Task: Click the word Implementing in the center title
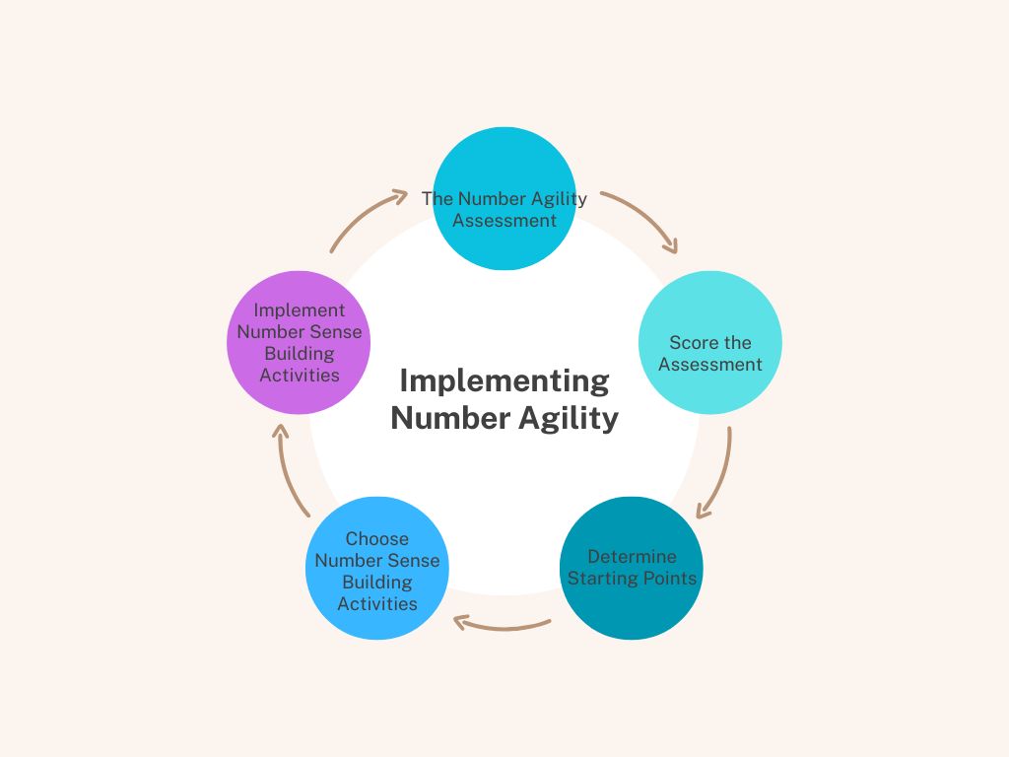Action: click(x=504, y=381)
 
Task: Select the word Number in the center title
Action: click(x=450, y=418)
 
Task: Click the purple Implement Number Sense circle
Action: click(x=299, y=342)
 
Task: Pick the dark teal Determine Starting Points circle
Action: click(x=632, y=568)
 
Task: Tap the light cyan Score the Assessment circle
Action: click(x=710, y=342)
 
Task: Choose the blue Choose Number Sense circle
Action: click(x=377, y=568)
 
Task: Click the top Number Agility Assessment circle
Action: click(x=504, y=198)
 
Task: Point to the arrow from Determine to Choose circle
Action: click(x=502, y=628)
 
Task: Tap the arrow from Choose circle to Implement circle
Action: click(x=289, y=472)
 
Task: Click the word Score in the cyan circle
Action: click(x=692, y=342)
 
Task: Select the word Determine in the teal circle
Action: click(x=632, y=556)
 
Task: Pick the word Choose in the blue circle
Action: click(x=377, y=538)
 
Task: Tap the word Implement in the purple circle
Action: click(x=300, y=310)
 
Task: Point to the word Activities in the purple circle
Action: click(x=300, y=375)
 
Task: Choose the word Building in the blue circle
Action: click(x=377, y=583)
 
